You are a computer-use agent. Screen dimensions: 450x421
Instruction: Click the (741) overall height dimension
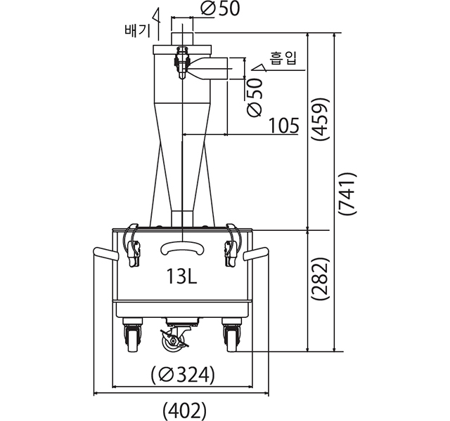[347, 194]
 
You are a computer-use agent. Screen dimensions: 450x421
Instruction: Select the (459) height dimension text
[321, 119]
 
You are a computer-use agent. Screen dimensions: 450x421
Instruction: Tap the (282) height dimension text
[321, 279]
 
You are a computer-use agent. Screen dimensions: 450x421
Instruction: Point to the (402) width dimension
[184, 410]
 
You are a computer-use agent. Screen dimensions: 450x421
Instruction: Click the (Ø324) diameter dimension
[183, 375]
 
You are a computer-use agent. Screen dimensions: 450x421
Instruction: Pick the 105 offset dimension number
[284, 126]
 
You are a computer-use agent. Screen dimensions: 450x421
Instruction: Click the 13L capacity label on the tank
[181, 276]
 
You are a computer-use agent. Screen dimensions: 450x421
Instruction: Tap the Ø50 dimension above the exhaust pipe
[220, 8]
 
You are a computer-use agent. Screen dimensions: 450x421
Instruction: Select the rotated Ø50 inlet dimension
[255, 98]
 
